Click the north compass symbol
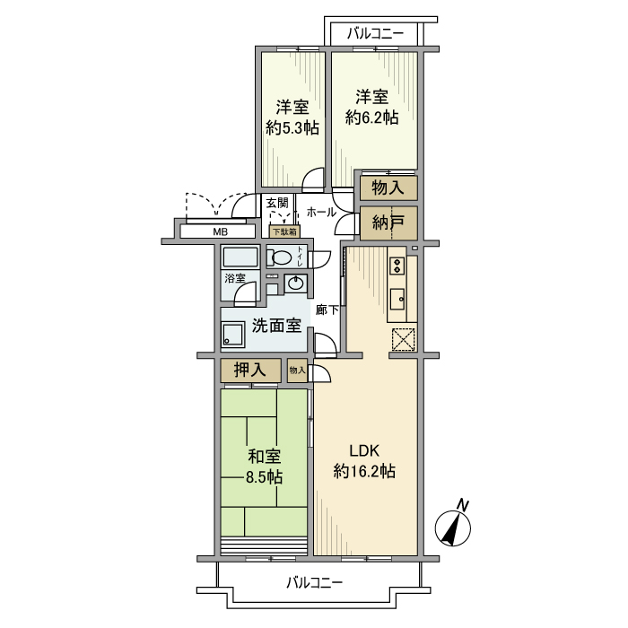(x=454, y=527)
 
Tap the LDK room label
(x=364, y=460)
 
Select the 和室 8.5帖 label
(x=265, y=466)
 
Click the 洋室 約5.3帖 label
(x=292, y=117)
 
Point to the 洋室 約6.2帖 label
(x=371, y=107)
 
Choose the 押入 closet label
(x=251, y=370)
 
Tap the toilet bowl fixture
(x=283, y=258)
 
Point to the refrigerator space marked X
(x=403, y=340)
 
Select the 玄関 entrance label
(x=277, y=203)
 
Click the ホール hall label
(x=321, y=213)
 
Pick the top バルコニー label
(x=375, y=33)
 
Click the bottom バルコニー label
(x=315, y=582)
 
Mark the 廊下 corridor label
(x=327, y=310)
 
